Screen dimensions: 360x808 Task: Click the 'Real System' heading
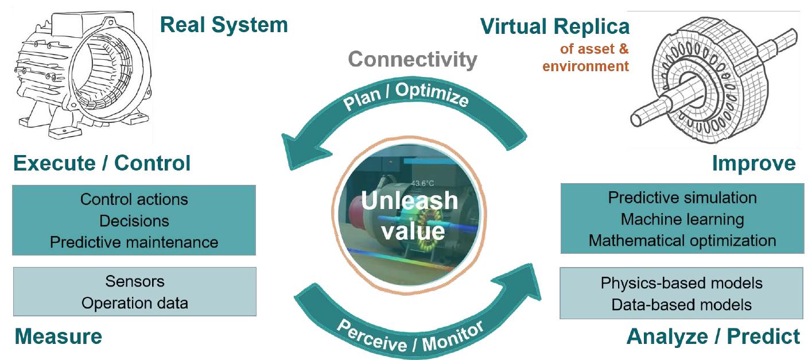coord(224,25)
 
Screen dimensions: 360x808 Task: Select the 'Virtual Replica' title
coord(554,26)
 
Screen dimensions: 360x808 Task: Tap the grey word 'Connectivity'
coord(413,60)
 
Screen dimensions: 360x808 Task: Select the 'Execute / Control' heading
coord(102,163)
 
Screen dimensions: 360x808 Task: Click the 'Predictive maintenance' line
coord(134,242)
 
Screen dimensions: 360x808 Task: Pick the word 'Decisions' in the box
coord(134,220)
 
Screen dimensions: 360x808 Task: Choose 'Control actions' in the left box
coord(134,199)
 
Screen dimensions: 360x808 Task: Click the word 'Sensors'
coord(134,281)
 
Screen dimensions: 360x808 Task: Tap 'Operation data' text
coord(134,303)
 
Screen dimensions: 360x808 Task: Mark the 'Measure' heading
coord(58,336)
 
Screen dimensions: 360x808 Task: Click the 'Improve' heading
coord(753,164)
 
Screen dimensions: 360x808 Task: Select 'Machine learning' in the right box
coord(682,219)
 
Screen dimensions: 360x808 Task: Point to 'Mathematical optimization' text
coord(682,240)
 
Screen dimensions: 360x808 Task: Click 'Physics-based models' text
coord(681,283)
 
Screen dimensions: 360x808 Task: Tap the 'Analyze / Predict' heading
coord(713,336)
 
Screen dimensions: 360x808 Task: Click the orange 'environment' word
coord(585,66)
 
